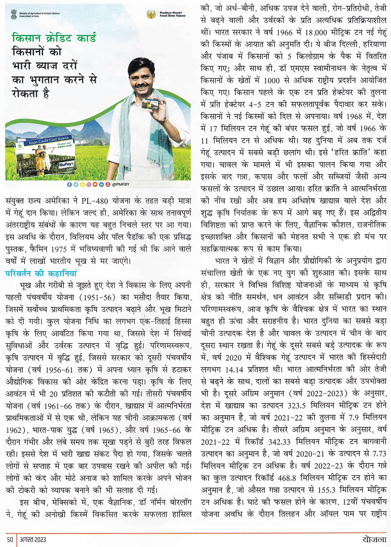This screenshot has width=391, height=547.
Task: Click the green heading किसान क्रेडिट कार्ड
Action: (54, 38)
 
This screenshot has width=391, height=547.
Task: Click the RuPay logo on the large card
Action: (66, 165)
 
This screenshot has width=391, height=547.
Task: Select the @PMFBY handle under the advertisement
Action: (120, 184)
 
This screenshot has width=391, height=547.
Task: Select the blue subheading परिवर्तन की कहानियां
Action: (41, 273)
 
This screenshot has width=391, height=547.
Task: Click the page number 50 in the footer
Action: (10, 540)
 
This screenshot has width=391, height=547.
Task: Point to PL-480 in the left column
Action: (95, 201)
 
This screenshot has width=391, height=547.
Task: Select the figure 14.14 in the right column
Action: (236, 369)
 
